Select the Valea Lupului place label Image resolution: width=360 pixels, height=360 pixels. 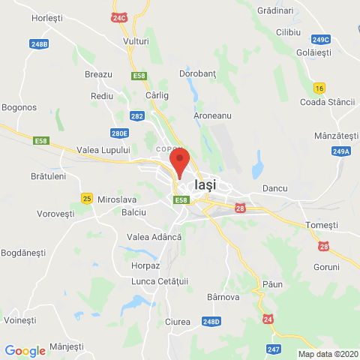point(103,150)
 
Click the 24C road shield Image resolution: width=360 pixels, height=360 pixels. point(119,16)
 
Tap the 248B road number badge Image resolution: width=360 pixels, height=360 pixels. point(40,44)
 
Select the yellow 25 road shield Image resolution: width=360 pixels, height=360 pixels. point(87,198)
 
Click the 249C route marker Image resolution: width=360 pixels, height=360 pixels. point(321,39)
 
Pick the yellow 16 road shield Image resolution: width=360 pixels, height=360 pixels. point(320,88)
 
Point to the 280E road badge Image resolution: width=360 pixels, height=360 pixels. point(119,133)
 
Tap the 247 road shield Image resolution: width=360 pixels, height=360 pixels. point(274,349)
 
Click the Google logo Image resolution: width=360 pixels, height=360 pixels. point(25,350)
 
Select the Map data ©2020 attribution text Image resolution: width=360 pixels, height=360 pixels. point(328,354)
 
